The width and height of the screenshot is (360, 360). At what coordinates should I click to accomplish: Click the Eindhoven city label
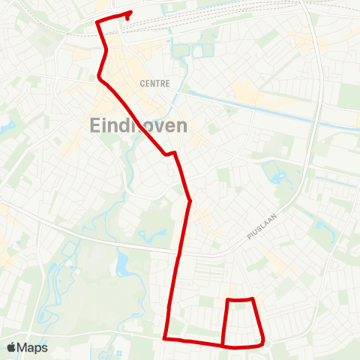[139, 125]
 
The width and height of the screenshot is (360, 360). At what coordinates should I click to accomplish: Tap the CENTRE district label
[154, 83]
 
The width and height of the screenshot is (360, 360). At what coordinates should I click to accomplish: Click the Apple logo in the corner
[12, 347]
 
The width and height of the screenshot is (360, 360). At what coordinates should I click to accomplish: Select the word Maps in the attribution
[33, 347]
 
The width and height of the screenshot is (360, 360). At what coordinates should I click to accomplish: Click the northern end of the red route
[130, 13]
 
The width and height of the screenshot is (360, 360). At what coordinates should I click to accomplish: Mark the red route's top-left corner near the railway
[97, 22]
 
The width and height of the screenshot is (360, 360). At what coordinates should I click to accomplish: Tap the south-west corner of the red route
[165, 339]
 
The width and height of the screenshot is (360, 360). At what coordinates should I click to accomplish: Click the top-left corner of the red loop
[227, 300]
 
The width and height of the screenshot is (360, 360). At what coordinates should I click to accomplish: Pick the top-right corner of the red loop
[253, 299]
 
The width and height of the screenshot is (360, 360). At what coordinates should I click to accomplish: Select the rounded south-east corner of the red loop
[262, 343]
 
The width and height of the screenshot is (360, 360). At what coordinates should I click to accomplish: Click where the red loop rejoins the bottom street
[223, 346]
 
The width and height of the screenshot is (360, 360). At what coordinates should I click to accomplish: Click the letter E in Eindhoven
[95, 125]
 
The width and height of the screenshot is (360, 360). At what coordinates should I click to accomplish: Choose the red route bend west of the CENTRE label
[100, 76]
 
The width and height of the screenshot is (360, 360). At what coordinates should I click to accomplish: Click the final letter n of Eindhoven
[181, 125]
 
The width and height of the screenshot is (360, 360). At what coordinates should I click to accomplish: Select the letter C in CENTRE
[142, 83]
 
